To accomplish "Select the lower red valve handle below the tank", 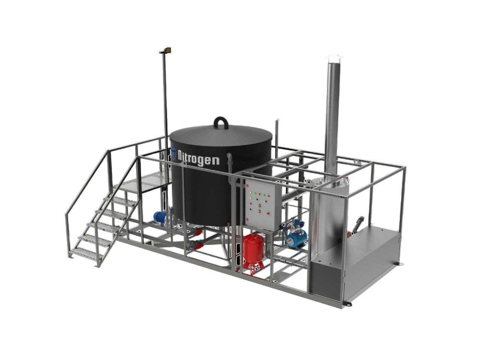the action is pos(198,247).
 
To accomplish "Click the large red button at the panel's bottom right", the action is pos(268,213).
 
